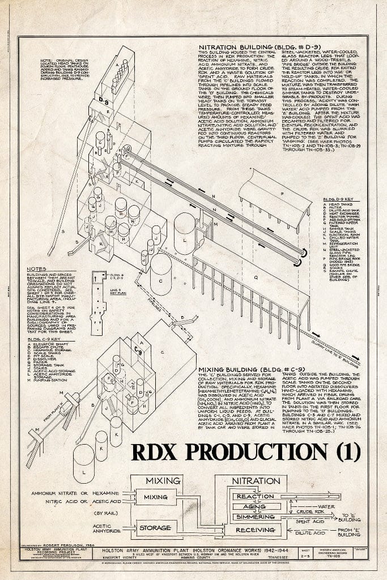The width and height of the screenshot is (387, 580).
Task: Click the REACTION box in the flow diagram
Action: pyautogui.click(x=255, y=496)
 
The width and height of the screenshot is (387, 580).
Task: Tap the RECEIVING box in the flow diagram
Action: pyautogui.click(x=255, y=531)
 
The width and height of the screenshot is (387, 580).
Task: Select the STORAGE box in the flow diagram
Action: pyautogui.click(x=155, y=528)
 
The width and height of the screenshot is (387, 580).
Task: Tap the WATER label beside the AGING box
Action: pyautogui.click(x=327, y=506)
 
